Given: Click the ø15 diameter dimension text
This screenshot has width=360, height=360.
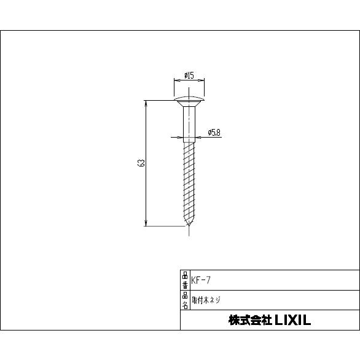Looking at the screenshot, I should (x=189, y=76).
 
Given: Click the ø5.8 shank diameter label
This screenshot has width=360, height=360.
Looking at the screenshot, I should (x=214, y=132).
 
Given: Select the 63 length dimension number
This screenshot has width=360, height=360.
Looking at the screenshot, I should (x=141, y=163).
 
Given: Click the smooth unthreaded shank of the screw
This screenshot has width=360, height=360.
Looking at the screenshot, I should (x=189, y=123).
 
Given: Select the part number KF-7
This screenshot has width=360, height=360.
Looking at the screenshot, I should (x=202, y=280).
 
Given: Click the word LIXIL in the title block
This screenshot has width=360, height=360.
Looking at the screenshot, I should (x=292, y=320).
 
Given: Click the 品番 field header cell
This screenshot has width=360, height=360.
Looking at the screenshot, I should (x=185, y=280).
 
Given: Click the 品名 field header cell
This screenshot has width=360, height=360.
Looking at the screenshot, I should (x=185, y=300).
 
